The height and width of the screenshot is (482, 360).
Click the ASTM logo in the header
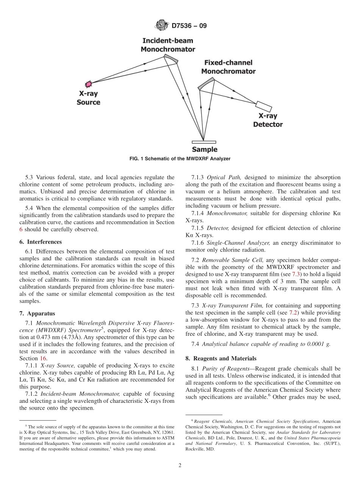coord(162,26)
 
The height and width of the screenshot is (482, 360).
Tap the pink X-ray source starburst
coord(89,83)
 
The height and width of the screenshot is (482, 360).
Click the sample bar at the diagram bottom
coord(204,142)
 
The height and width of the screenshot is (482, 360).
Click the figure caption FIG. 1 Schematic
coord(180,159)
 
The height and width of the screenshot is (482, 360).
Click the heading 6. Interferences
coord(44,242)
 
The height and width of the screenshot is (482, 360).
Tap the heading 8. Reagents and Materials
coord(221,358)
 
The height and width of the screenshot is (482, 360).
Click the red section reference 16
coord(42,358)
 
